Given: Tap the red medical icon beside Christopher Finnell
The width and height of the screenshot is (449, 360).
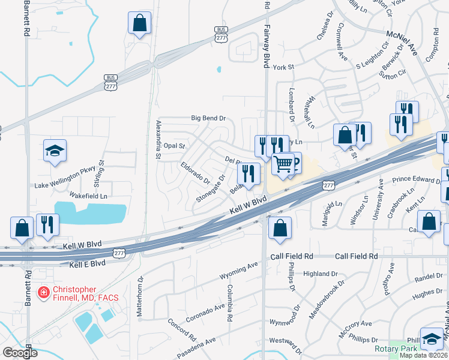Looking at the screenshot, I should [x=43, y=293].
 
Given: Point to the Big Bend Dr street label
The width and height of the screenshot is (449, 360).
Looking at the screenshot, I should [x=208, y=118].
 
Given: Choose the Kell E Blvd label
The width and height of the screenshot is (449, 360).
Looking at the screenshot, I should [x=87, y=264].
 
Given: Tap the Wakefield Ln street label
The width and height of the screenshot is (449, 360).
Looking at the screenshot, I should [x=88, y=196].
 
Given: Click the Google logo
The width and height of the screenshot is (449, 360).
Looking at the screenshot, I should [x=20, y=353].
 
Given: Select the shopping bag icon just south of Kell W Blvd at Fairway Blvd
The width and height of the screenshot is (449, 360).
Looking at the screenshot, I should [x=280, y=228].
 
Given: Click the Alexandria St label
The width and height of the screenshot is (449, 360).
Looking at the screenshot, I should [x=158, y=139].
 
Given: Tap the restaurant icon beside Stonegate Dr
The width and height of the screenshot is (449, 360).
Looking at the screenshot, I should [x=249, y=174].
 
